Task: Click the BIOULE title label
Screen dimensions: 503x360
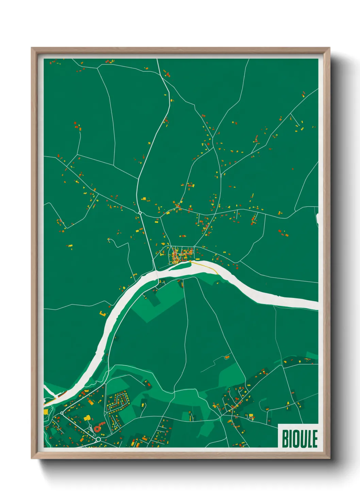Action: click(x=299, y=438)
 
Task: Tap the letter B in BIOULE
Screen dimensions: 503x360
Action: click(x=285, y=438)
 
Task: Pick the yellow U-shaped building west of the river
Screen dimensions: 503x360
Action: click(x=102, y=313)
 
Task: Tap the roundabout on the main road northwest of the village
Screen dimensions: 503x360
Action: click(x=140, y=213)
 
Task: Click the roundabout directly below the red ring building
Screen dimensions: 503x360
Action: click(x=98, y=439)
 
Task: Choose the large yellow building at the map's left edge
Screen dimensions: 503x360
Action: click(x=46, y=412)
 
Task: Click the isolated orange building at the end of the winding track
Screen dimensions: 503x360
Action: click(x=227, y=357)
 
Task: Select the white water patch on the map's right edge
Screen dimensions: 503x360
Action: click(x=317, y=219)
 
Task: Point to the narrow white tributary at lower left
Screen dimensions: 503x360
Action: click(x=49, y=392)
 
